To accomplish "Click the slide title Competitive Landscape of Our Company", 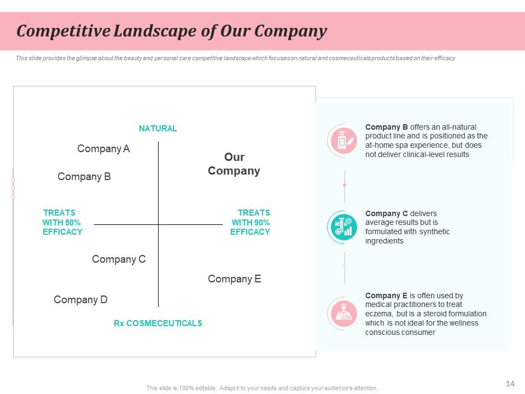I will [x=171, y=31].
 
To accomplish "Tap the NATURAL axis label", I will [x=157, y=129].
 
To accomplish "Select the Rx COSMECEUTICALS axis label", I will [x=157, y=323].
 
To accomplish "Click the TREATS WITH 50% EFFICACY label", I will [x=62, y=222].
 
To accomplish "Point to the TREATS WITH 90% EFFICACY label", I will [x=250, y=222].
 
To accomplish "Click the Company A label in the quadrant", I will [x=103, y=149].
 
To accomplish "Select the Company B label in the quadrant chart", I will [x=84, y=177].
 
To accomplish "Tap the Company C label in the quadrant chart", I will [x=119, y=259].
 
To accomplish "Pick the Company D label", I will [x=80, y=300].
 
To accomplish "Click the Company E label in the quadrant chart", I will [x=234, y=279].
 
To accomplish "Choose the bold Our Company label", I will [x=234, y=164].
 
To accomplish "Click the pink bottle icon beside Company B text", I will [x=344, y=141].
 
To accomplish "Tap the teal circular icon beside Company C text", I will [x=344, y=226].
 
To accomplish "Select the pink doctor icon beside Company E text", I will [x=344, y=312].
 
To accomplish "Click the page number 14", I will [x=510, y=384].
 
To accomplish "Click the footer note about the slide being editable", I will [x=262, y=388].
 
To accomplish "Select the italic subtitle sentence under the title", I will [x=235, y=58].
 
